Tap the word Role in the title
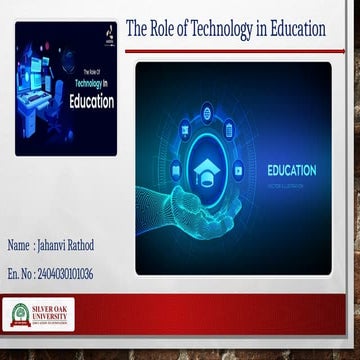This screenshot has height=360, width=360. [164, 29]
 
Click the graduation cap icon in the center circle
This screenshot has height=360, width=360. [208, 167]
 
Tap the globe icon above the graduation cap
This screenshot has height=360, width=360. [207, 113]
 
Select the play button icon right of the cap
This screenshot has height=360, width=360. [238, 170]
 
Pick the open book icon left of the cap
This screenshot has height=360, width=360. [176, 171]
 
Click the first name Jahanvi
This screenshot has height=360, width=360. [56, 245]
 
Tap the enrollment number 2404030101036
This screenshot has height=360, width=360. [66, 273]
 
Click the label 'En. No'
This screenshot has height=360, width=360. [19, 273]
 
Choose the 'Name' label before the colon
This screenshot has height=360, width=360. [18, 245]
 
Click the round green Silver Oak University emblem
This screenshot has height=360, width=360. [19, 315]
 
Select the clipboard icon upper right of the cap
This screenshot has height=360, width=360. [229, 127]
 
